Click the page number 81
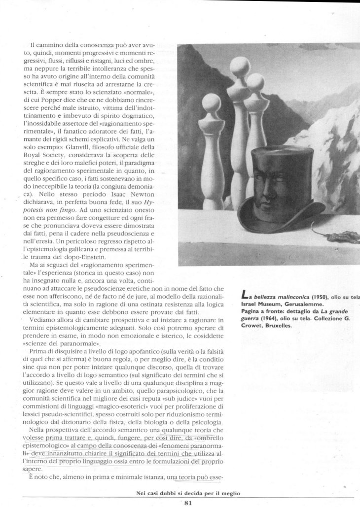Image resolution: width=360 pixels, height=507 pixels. point(188,503)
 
